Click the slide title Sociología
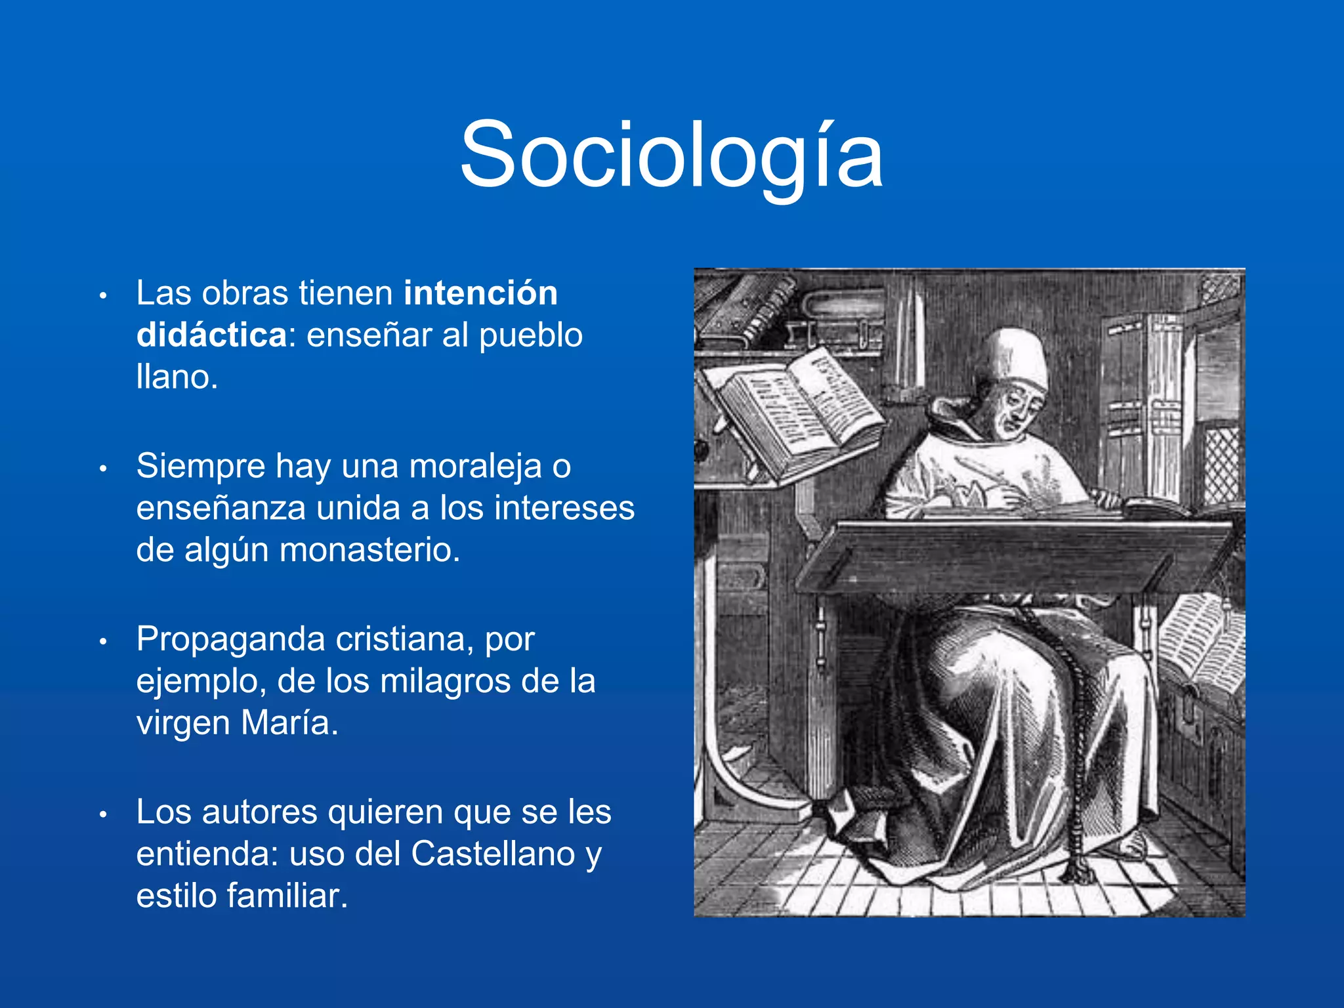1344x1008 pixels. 671,156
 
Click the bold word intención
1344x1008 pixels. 480,293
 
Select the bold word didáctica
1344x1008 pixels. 211,335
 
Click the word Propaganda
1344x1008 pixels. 230,639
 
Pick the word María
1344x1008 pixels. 289,723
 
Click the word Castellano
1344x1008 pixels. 493,854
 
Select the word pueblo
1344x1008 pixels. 530,335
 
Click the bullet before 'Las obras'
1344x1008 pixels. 102,296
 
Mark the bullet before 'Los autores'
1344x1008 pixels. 102,815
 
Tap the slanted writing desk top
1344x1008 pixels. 1011,555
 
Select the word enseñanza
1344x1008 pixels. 222,508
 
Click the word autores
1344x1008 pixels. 259,812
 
